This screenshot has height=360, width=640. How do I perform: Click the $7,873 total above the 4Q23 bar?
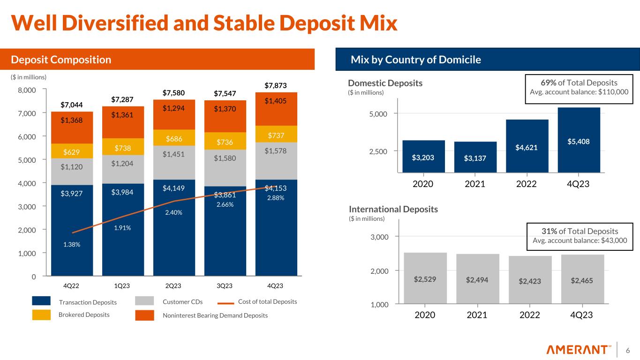[276, 85]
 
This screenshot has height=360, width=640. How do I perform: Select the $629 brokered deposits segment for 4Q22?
[72, 151]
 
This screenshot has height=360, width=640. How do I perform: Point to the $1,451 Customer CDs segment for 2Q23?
[174, 155]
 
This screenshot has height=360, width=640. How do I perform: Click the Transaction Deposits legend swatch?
[41, 301]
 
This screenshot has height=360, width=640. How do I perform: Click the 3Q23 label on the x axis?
[225, 285]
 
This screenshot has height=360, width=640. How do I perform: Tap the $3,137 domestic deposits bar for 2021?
[475, 157]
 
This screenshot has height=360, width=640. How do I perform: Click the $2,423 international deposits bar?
[530, 281]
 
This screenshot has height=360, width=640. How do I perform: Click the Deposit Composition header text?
[61, 60]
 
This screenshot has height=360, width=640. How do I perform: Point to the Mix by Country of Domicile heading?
[416, 60]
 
